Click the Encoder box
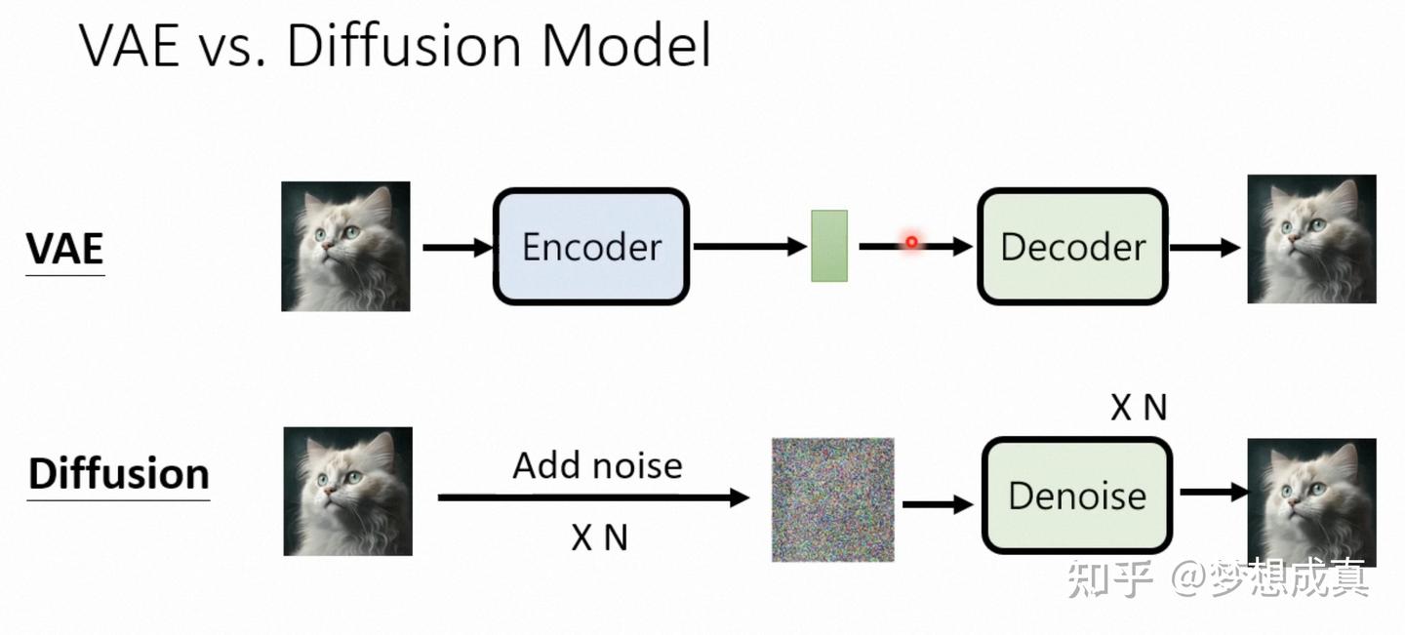(591, 247)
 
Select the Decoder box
(1072, 247)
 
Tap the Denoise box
(1076, 496)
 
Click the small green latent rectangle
(829, 246)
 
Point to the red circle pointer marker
(911, 242)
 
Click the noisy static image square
(832, 499)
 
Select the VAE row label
(64, 250)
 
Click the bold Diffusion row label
(118, 474)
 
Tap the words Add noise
(597, 465)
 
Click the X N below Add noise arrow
(599, 536)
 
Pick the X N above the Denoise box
(1139, 408)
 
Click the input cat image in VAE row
(345, 247)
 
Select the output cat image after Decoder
(1311, 240)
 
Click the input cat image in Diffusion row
(347, 492)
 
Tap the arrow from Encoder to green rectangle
(749, 247)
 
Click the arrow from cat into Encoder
(458, 248)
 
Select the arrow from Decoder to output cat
(1204, 247)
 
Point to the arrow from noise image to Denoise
(937, 504)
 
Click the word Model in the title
(625, 46)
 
